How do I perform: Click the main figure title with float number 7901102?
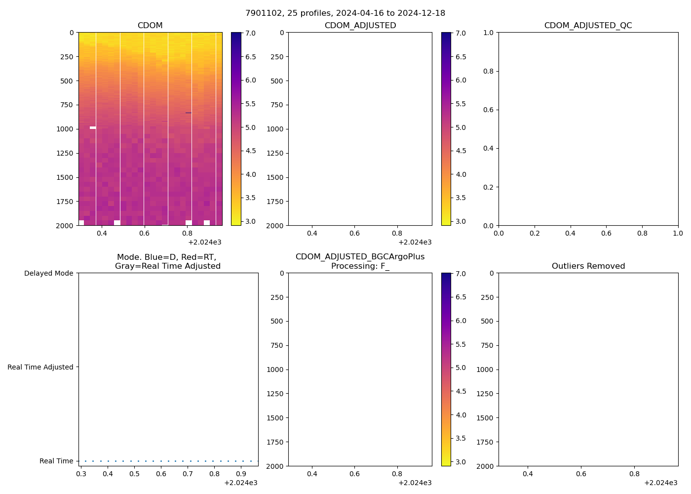pyautogui.click(x=345, y=13)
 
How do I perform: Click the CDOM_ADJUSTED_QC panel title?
pyautogui.click(x=588, y=26)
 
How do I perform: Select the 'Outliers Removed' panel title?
pyautogui.click(x=588, y=266)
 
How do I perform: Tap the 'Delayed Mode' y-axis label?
pyautogui.click(x=48, y=273)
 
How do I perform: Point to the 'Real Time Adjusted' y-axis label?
pyautogui.click(x=40, y=367)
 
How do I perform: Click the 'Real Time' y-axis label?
pyautogui.click(x=56, y=461)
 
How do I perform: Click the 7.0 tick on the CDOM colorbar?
pyautogui.click(x=251, y=33)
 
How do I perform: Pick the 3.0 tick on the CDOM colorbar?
pyautogui.click(x=251, y=221)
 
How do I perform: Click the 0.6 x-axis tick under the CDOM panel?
pyautogui.click(x=144, y=233)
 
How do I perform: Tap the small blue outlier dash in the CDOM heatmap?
pyautogui.click(x=189, y=113)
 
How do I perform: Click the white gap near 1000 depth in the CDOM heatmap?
pyautogui.click(x=93, y=127)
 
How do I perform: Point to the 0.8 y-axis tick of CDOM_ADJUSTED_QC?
pyautogui.click(x=489, y=71)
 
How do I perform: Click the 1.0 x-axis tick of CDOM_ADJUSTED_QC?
pyautogui.click(x=678, y=233)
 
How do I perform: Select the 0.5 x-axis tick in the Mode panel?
pyautogui.click(x=134, y=474)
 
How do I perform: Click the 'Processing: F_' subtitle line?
pyautogui.click(x=360, y=266)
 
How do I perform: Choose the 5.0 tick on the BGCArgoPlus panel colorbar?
pyautogui.click(x=461, y=368)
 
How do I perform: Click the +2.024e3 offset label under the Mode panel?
pyautogui.click(x=240, y=483)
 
